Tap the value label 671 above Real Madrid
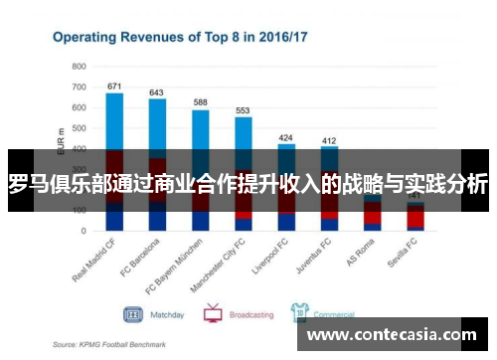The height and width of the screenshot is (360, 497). click(x=114, y=86)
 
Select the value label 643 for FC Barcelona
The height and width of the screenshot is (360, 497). click(x=157, y=92)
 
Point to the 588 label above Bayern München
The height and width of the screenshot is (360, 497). click(x=200, y=102)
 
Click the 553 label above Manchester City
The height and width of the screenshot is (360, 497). click(x=243, y=110)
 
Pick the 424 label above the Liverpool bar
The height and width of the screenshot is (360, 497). click(x=286, y=137)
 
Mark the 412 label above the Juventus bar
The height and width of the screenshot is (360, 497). click(x=329, y=140)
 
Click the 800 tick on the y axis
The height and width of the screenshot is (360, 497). click(x=79, y=66)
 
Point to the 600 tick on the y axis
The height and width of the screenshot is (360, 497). click(x=79, y=107)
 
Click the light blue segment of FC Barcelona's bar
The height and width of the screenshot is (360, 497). click(x=157, y=125)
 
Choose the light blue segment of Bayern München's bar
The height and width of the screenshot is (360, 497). click(x=200, y=129)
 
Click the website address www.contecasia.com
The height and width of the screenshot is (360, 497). click(x=399, y=335)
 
